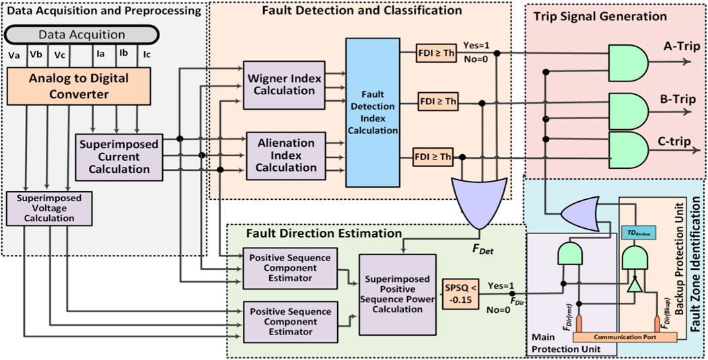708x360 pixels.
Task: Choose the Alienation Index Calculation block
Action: (x=286, y=155)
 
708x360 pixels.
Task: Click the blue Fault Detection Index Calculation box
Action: (x=373, y=112)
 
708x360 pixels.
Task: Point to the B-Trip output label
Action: (x=673, y=98)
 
